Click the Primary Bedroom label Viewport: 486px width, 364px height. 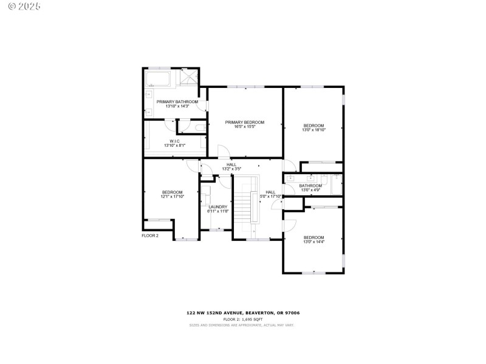[245, 123]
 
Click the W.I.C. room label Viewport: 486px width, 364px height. [174, 141]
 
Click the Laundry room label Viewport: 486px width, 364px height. [217, 206]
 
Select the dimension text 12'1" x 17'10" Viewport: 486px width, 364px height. [172, 197]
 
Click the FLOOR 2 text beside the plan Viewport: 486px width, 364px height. [150, 235]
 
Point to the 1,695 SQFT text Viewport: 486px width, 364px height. [251, 319]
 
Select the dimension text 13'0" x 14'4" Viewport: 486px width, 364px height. [314, 241]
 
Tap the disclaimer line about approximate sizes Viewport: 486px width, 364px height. [242, 325]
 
